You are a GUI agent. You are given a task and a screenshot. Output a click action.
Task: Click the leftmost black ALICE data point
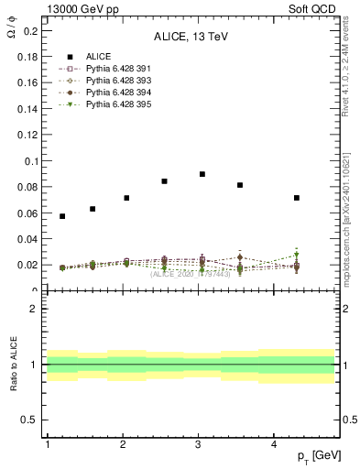(62, 216)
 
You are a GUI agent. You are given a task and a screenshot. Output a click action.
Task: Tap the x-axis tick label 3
(199, 444)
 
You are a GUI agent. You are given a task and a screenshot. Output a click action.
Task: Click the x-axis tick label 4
(275, 444)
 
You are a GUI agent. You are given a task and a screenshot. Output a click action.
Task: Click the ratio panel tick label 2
(35, 309)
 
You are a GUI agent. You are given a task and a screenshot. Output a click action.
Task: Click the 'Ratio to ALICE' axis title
(14, 365)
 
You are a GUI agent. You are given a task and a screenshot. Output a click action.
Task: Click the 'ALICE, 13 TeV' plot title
(191, 38)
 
